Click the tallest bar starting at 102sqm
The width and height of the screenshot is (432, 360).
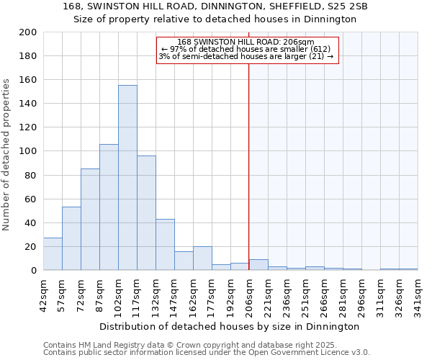click(x=127, y=178)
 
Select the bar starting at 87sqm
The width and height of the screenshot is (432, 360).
click(x=109, y=207)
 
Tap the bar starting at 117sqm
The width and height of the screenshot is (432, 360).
click(x=146, y=213)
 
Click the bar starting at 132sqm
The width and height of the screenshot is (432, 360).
click(x=165, y=245)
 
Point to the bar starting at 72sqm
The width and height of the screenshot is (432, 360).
click(x=90, y=220)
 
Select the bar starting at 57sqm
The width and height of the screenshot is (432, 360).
click(x=71, y=238)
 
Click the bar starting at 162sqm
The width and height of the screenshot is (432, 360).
click(x=202, y=258)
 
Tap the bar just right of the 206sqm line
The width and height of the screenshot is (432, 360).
click(x=258, y=265)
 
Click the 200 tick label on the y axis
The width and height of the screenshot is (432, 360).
click(x=29, y=32)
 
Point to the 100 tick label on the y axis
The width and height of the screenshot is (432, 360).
click(x=29, y=151)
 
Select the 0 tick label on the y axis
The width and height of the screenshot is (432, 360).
click(x=33, y=270)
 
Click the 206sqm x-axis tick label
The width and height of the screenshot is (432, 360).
click(x=249, y=294)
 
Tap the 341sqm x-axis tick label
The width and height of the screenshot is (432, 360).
click(x=418, y=294)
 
